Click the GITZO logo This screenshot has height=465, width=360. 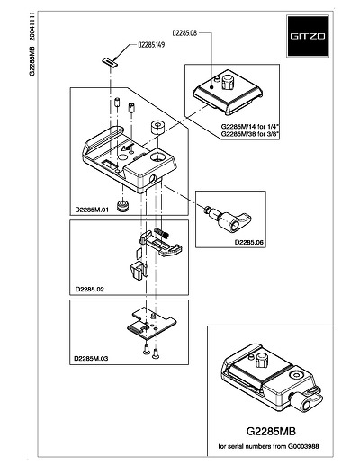coord(308,36)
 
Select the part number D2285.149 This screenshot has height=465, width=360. coord(151,45)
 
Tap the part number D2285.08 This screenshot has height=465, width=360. coord(184,33)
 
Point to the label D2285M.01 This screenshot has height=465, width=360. coord(92,210)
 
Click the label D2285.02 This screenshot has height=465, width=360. coord(90,290)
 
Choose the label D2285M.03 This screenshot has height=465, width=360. coord(91,358)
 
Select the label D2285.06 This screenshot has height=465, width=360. coord(248,242)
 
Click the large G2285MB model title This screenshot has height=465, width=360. coord(271,431)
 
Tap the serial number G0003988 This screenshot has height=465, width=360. coord(303,446)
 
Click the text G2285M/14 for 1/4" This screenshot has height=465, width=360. coord(250,126)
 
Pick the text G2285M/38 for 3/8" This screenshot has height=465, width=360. coord(250,134)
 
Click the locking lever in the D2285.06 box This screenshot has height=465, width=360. coord(228,220)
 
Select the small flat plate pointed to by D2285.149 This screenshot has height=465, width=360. coord(109,62)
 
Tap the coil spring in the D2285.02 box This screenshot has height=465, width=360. coord(162,232)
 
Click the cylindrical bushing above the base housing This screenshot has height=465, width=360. coord(157,128)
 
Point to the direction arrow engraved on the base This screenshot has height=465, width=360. coord(128,148)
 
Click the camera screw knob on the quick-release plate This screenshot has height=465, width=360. coord(229,81)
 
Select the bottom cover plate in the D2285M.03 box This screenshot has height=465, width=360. coord(151,325)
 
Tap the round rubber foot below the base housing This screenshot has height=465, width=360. coord(123,206)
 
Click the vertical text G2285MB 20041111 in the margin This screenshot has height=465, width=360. coord(32,44)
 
